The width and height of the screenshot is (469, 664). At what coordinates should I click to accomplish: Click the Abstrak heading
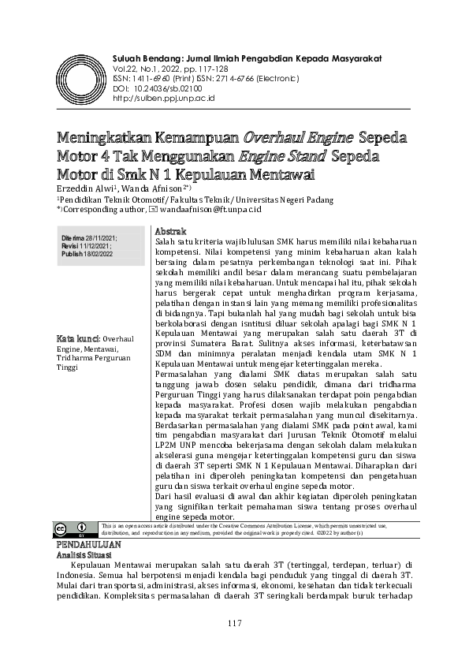click(x=170, y=231)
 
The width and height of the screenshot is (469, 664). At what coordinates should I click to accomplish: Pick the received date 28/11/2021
click(x=102, y=238)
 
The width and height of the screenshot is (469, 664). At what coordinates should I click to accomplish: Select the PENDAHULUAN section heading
click(x=88, y=544)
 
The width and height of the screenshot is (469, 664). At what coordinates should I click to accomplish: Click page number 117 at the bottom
click(x=234, y=624)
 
